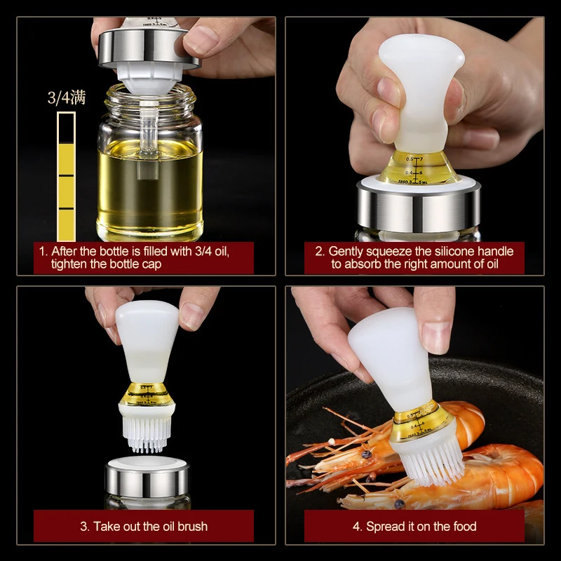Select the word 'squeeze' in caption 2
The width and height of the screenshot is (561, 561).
point(388,251)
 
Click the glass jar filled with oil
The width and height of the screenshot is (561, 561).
point(150,175)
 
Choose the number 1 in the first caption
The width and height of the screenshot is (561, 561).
point(42,251)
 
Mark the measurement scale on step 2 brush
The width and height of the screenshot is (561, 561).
point(414,168)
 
